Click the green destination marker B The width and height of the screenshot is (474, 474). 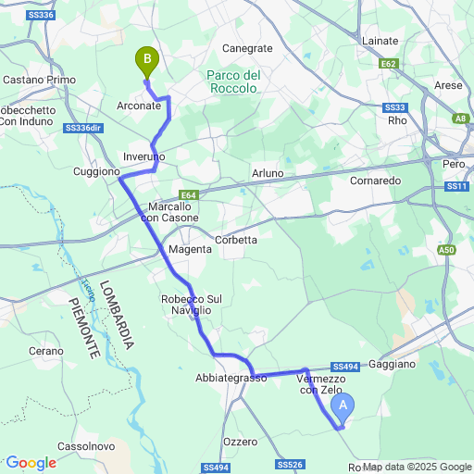click(146, 61)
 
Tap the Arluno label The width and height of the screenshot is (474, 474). click(268, 173)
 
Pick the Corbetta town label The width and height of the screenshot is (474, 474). click(236, 240)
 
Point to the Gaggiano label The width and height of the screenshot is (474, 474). click(392, 365)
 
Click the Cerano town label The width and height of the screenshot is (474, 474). click(46, 351)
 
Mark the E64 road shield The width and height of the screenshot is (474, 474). click(189, 195)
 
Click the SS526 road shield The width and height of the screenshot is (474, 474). click(290, 464)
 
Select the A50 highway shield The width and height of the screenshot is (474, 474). click(447, 250)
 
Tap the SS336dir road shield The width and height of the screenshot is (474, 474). click(84, 129)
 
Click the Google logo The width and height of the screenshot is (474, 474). click(31, 462)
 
